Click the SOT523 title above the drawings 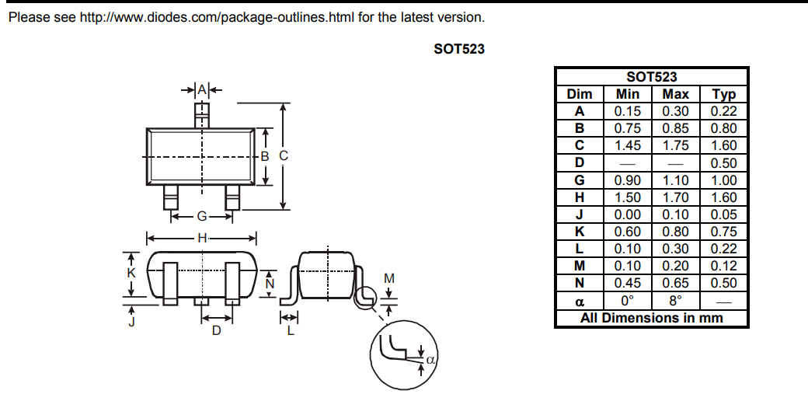pos(459,49)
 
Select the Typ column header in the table pos(723,94)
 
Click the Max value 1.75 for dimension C pos(675,145)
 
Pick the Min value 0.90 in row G pos(628,180)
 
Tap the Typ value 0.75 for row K pos(723,232)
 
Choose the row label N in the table pos(579,283)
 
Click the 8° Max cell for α pos(675,301)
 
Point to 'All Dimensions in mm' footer pos(651,318)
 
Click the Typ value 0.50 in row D pos(723,163)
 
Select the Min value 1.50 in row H pos(628,197)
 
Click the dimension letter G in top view pos(201,217)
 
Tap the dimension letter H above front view pos(201,238)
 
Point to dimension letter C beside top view pos(284,155)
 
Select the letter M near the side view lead pos(390,278)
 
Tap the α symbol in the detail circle pos(429,360)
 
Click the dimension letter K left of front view pos(131,274)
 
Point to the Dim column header pos(579,94)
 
